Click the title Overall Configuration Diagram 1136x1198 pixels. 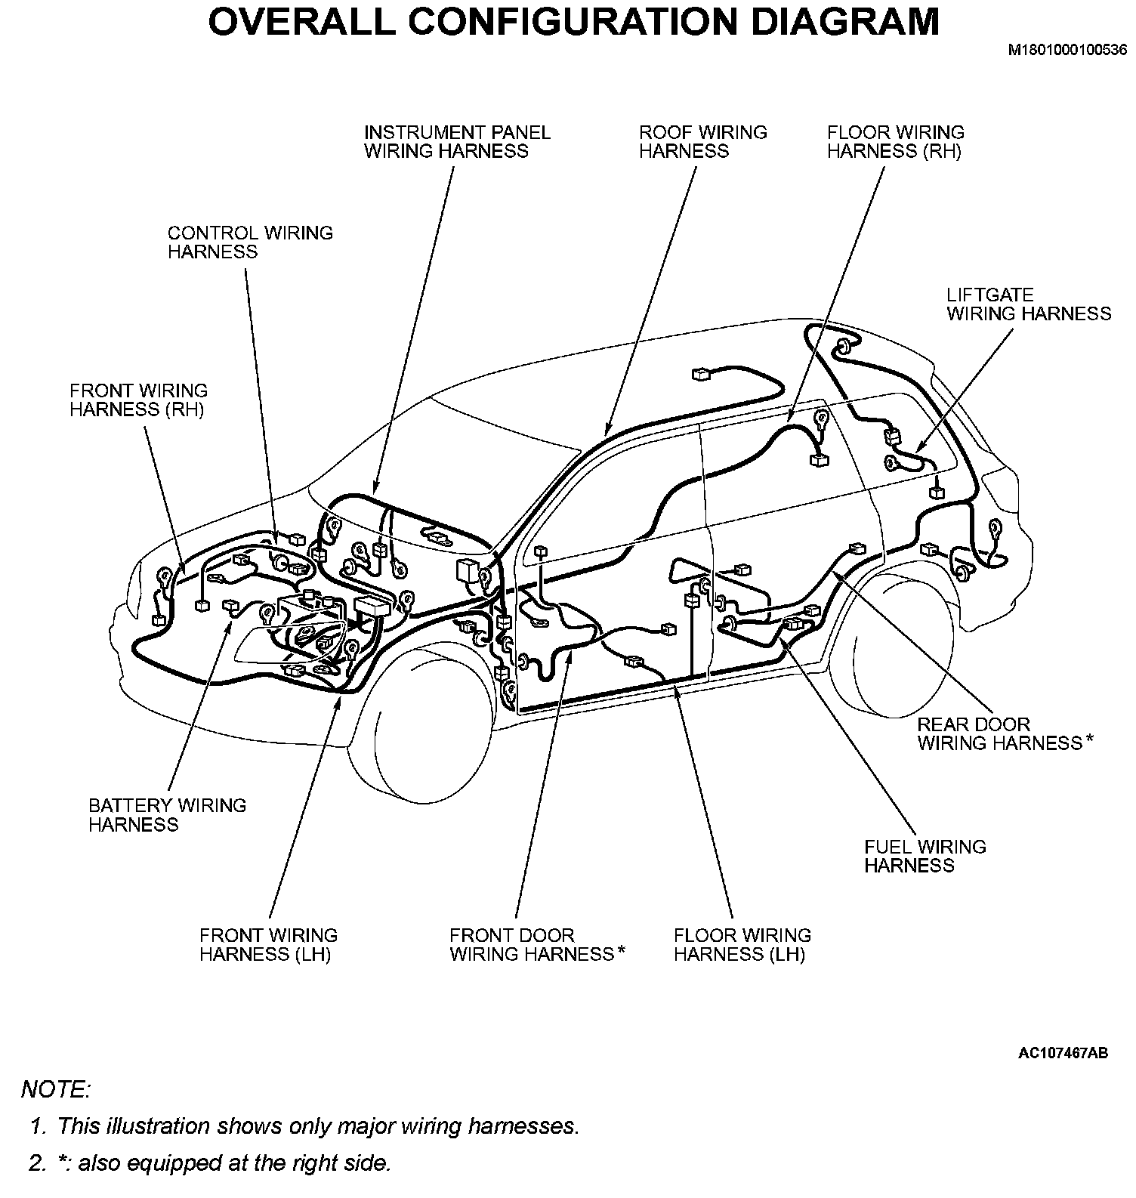(x=573, y=22)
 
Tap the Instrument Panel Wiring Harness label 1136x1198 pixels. (x=457, y=142)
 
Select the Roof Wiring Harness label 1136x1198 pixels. (x=702, y=142)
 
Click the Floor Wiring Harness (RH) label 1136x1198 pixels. (x=895, y=142)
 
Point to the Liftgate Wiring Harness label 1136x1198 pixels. (x=1029, y=304)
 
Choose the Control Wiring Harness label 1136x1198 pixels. (x=250, y=242)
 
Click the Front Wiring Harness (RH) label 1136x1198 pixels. (x=138, y=400)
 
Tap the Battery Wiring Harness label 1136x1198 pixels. (x=167, y=815)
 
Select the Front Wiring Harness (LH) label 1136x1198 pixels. (x=268, y=945)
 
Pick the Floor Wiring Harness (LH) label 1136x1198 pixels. (x=742, y=945)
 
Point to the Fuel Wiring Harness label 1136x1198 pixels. (x=925, y=856)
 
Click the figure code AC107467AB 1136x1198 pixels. (x=1063, y=1052)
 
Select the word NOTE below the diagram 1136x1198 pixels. (x=56, y=1089)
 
